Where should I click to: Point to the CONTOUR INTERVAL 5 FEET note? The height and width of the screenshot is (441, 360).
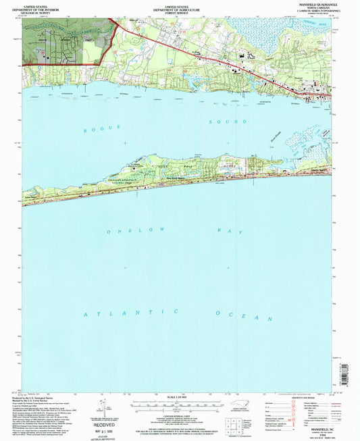pos(179,419)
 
